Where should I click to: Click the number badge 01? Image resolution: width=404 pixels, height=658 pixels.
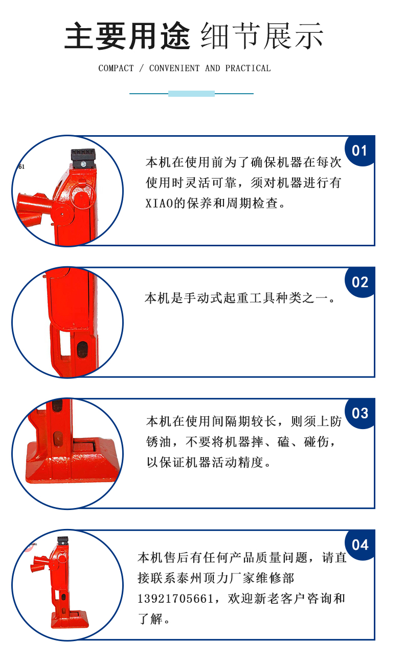360,151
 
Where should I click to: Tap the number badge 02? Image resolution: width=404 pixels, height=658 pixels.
360,282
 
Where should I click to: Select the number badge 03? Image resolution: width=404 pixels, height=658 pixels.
360,413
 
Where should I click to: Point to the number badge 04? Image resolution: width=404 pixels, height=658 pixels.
360,545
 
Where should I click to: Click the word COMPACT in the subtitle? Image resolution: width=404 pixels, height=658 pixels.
116,68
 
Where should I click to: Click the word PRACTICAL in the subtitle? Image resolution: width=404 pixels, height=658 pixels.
248,68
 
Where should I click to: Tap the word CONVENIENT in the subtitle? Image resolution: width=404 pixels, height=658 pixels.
174,68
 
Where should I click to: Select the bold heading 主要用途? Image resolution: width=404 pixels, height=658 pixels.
127,36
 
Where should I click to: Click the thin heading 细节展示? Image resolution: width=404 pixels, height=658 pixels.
262,36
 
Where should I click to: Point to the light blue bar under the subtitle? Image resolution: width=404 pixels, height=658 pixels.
191,94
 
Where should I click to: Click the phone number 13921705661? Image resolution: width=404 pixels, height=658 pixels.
175,599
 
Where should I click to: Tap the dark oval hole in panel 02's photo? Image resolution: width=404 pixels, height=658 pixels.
82,349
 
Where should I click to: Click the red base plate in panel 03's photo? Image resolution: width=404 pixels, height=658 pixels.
73,463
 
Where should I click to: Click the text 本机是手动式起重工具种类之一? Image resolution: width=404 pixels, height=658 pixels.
236,298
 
